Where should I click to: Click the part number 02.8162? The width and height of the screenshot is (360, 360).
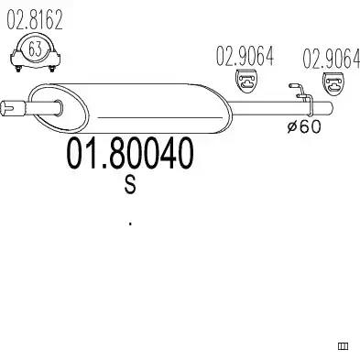[x=35, y=19]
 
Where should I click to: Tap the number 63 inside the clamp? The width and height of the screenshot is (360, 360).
[x=35, y=49]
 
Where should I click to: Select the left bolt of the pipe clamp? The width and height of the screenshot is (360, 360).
[x=18, y=69]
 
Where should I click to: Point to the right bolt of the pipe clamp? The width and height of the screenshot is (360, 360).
[x=52, y=69]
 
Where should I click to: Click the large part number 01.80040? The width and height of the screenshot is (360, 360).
[x=130, y=154]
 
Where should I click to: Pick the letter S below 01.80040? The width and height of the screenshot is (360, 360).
[x=130, y=185]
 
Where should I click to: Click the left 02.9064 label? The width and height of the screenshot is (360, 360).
[x=245, y=56]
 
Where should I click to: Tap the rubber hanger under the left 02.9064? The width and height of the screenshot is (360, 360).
[x=247, y=82]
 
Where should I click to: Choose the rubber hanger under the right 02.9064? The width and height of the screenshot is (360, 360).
[x=334, y=83]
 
